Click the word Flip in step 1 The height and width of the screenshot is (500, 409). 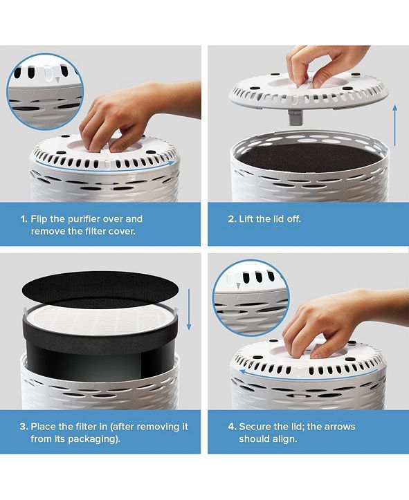pos(41,219)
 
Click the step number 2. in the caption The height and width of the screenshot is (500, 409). pos(232,219)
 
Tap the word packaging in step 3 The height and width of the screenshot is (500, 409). pos(87,438)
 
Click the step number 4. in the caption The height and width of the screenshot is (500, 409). pos(232,426)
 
